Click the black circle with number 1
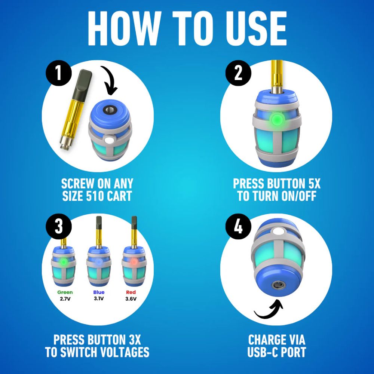coord(59,73)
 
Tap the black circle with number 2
coord(238,73)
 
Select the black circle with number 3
coord(59,227)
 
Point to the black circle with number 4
coord(238,227)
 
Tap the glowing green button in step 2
coord(277,119)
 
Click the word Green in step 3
coord(65,292)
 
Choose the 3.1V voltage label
coord(98,298)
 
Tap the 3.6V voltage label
coord(131,298)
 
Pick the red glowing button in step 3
coord(134,262)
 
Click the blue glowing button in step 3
coord(98,262)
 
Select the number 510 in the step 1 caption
coord(95,196)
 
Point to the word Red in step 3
coord(131,292)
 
